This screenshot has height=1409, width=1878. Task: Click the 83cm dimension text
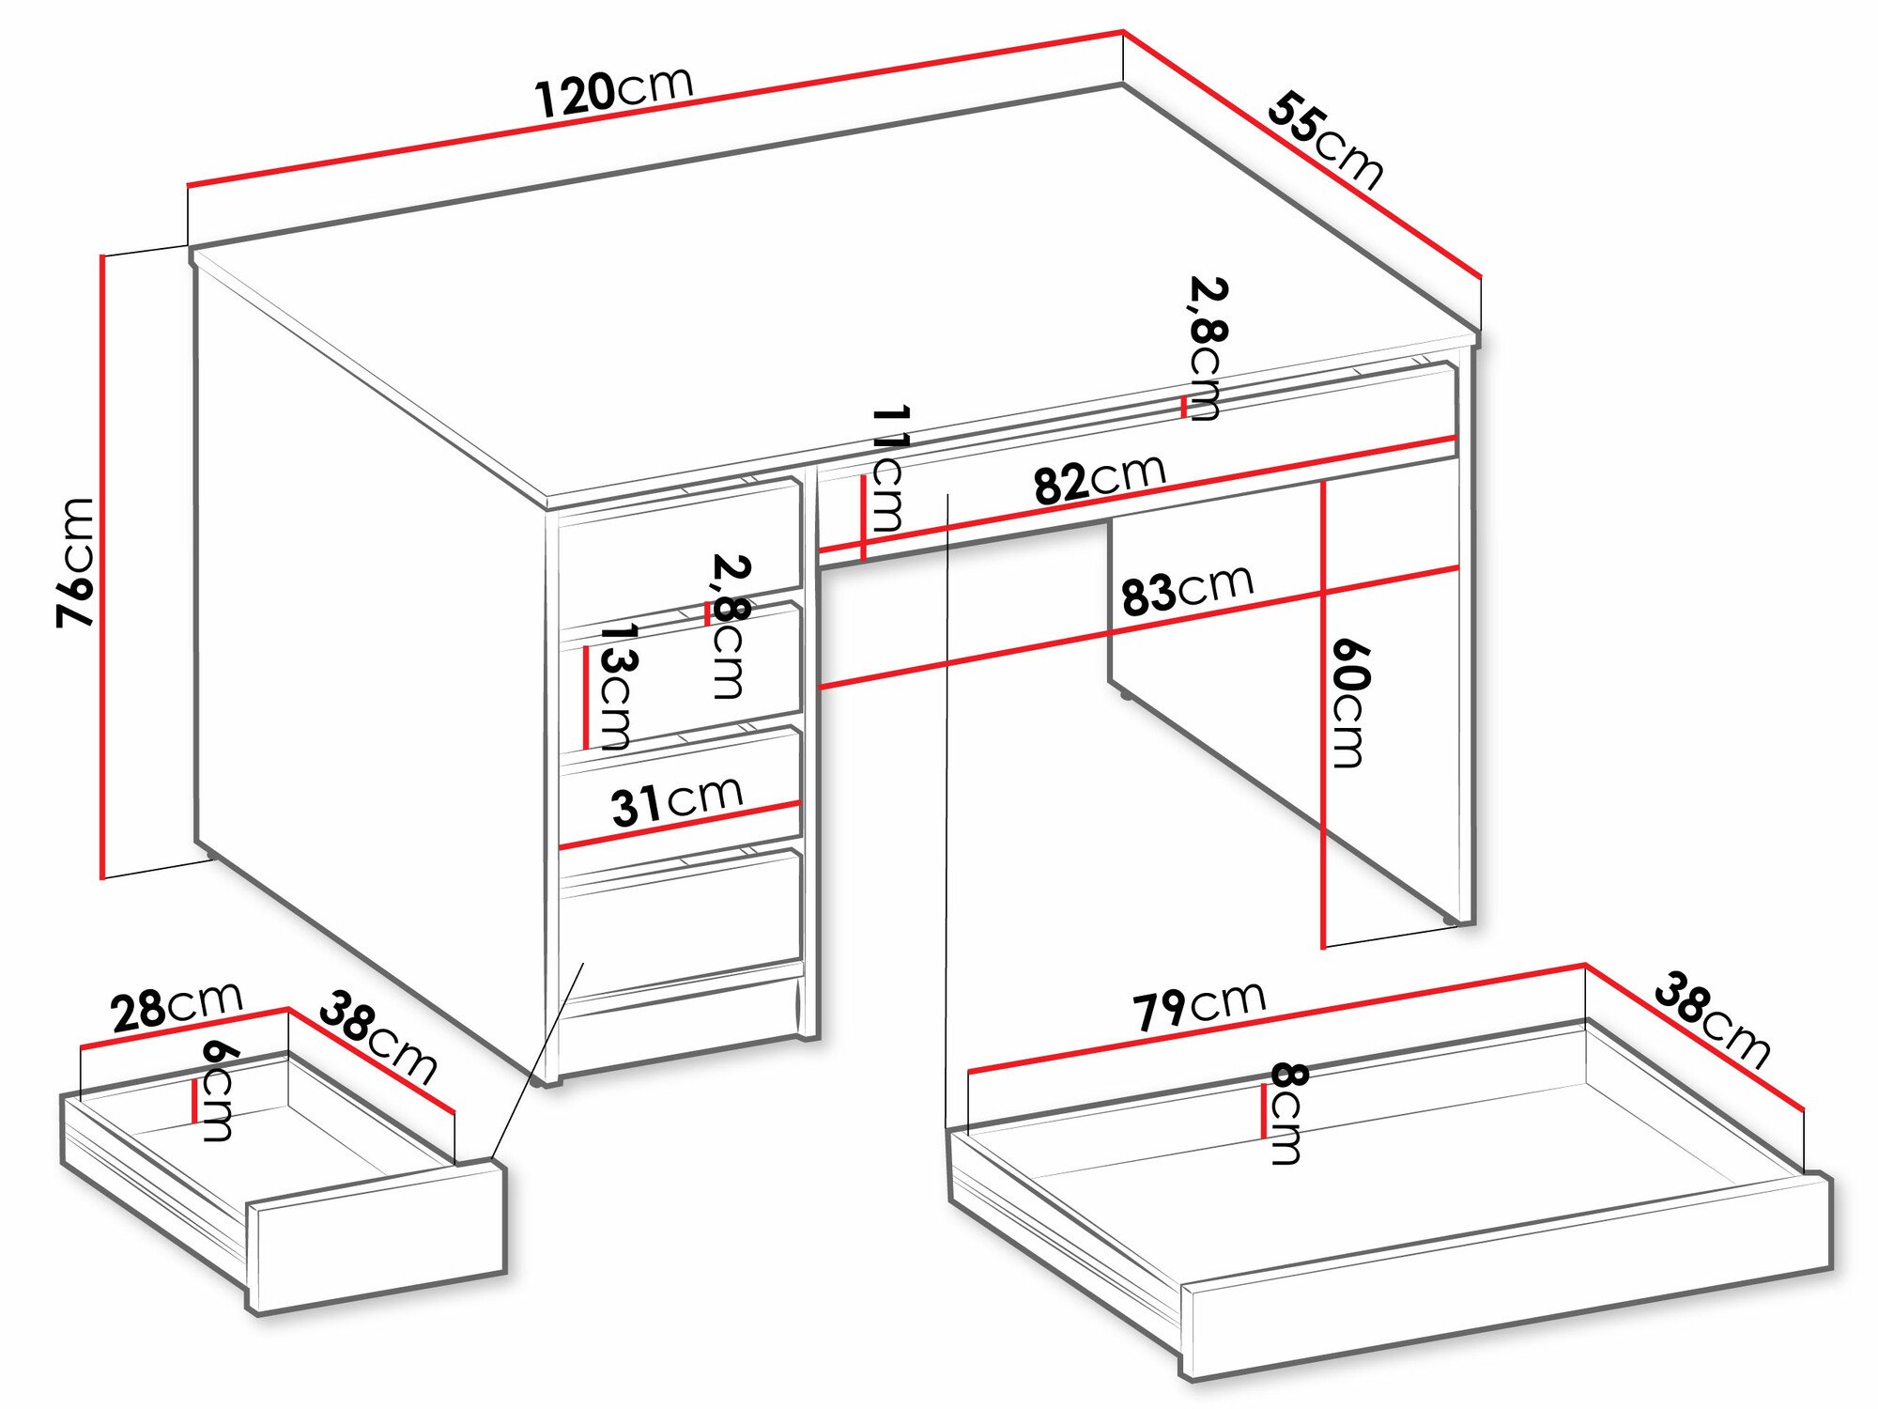pos(1187,589)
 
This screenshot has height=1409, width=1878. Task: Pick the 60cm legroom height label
pos(1349,703)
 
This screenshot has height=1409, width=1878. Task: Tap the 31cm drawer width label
pos(677,801)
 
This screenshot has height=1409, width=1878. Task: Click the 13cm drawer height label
pos(615,686)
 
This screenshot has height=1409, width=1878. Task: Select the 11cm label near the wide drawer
pos(887,469)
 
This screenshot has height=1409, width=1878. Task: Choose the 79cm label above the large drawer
pos(1199,1004)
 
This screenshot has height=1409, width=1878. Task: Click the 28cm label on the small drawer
pos(177,1007)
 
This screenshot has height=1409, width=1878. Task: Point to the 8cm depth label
pos(1287,1112)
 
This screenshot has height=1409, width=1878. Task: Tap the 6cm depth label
pos(218,1090)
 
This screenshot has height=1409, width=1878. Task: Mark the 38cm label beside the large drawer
pos(1711,1021)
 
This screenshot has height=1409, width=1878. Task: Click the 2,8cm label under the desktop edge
pos(1206,348)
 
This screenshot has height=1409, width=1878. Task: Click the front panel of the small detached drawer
pos(379,1235)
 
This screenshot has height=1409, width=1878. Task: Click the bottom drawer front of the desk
pos(682,920)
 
